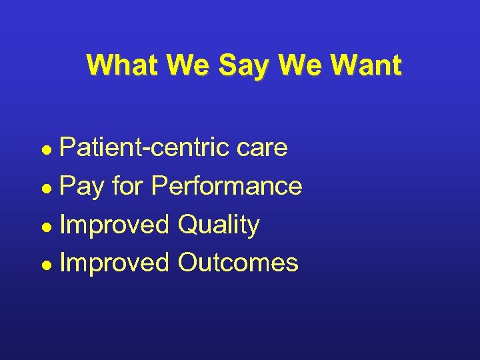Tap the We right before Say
coord(183,65)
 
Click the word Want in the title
coord(361,65)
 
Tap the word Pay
coord(82,187)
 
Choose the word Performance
coord(227,186)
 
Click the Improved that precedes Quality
coord(115,225)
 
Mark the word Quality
coord(218,225)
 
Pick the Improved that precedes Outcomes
coord(115,263)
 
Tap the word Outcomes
coord(238,263)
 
